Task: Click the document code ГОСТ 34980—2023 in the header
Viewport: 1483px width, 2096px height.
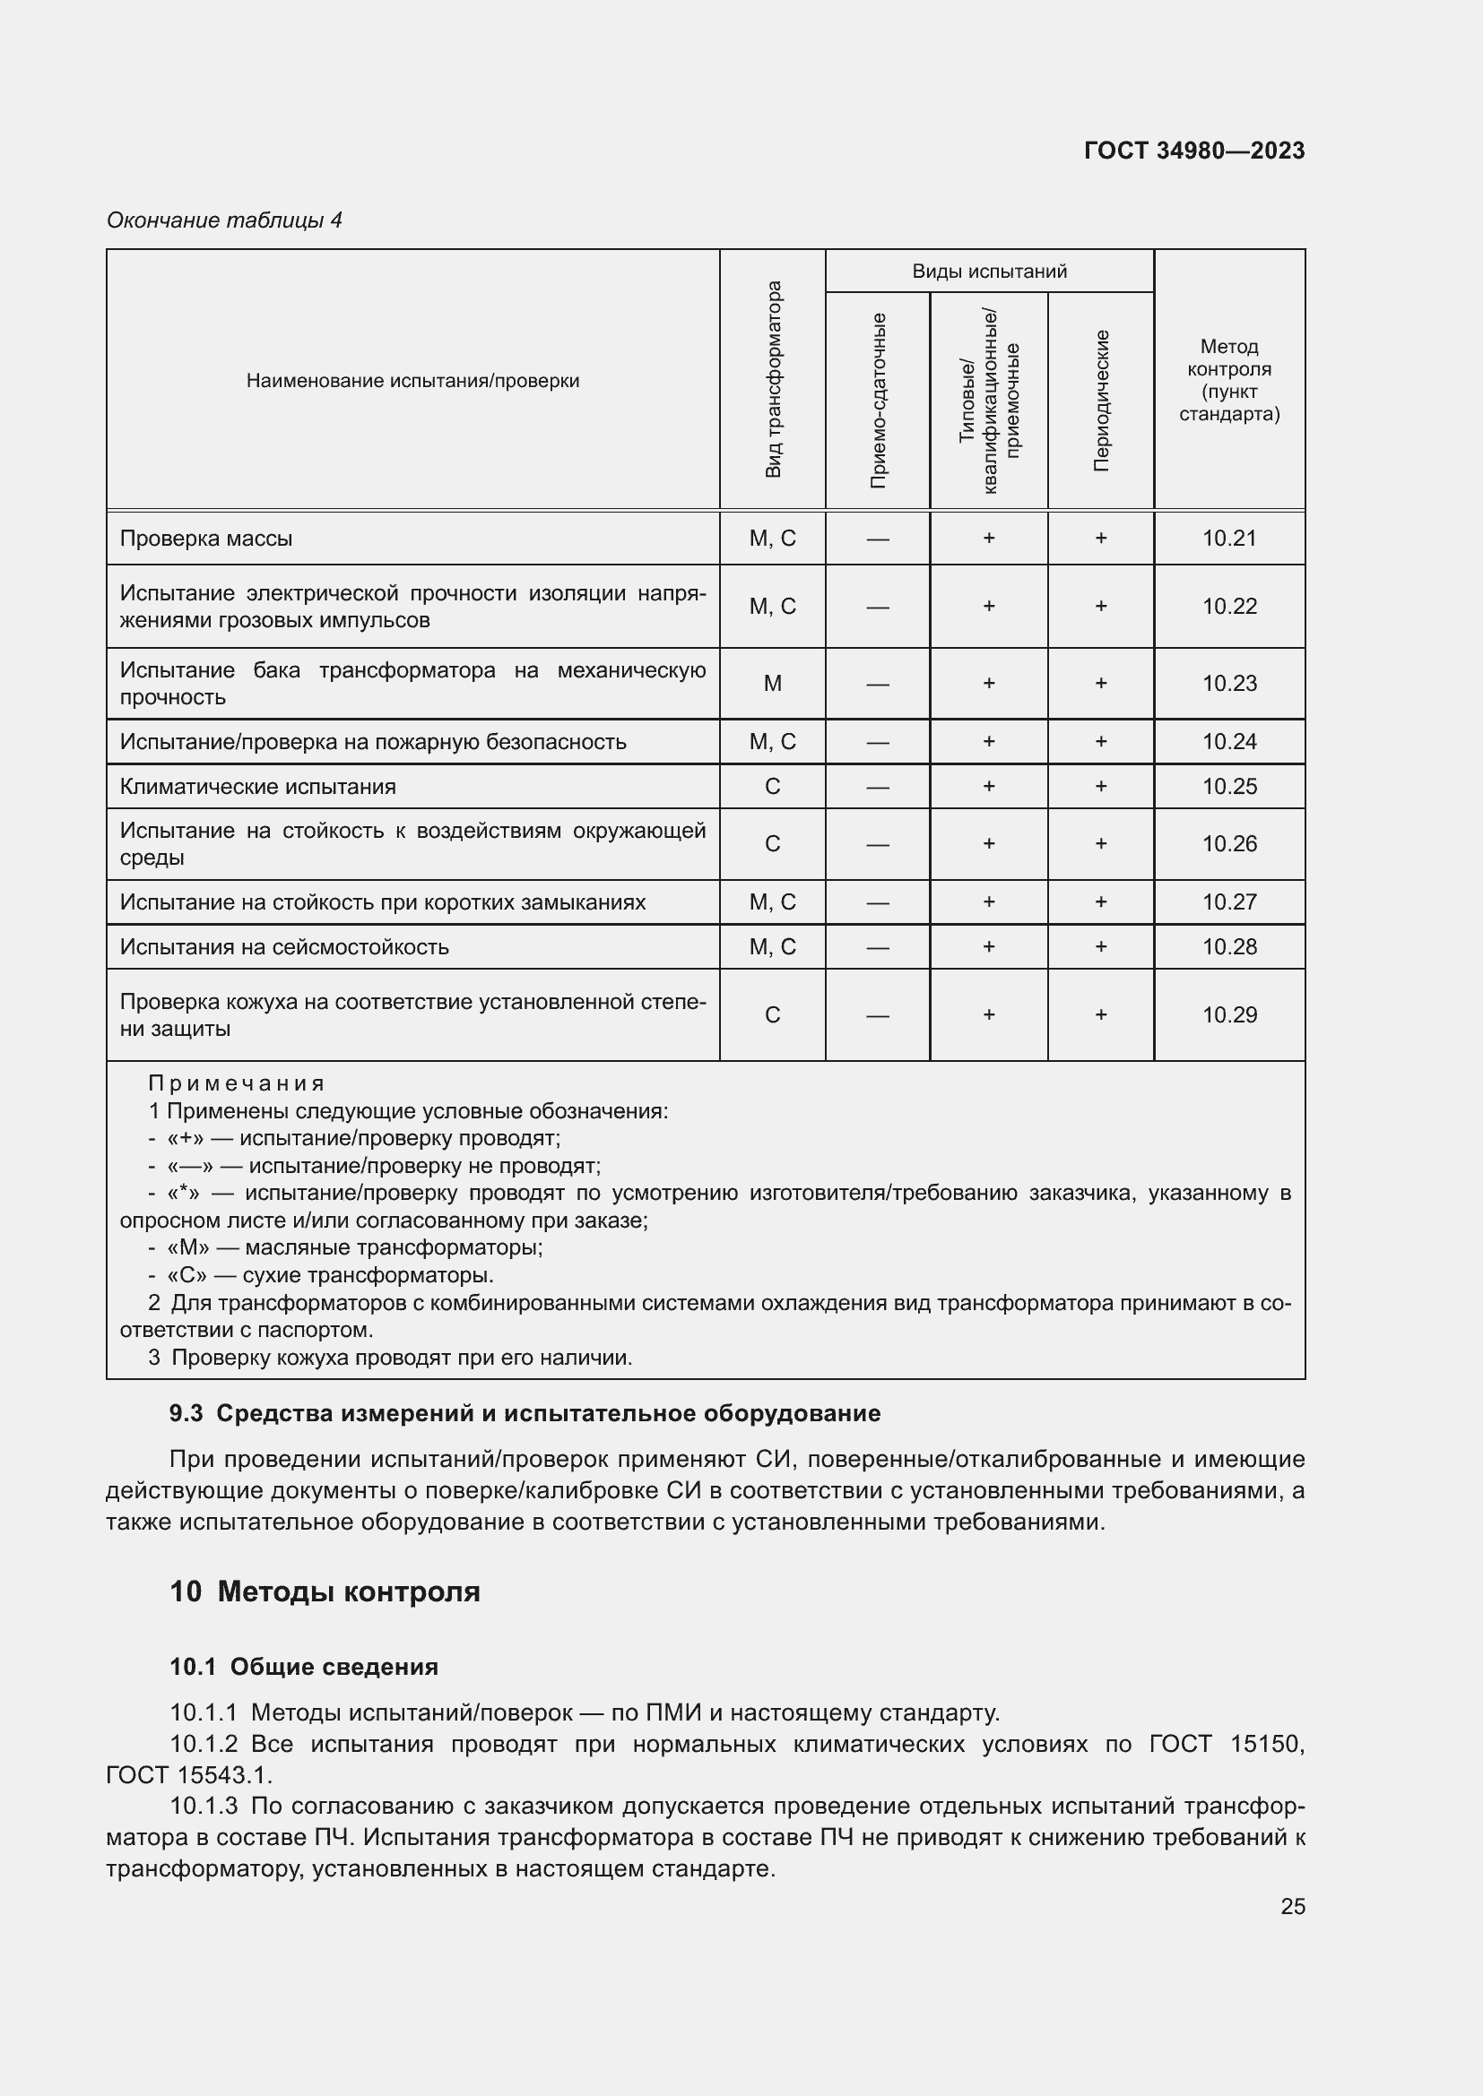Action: point(1193,151)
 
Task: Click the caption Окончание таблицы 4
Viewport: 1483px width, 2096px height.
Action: point(224,220)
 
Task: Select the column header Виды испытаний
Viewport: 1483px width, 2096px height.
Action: point(989,272)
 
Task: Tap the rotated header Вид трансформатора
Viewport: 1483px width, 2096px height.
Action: point(773,379)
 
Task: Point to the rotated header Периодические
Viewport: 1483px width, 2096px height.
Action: point(1101,401)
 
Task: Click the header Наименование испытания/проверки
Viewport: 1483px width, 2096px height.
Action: point(412,381)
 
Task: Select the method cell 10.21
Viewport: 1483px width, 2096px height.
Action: point(1229,539)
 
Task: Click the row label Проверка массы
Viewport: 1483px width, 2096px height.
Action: point(206,539)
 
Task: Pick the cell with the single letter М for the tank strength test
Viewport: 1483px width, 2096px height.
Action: point(773,684)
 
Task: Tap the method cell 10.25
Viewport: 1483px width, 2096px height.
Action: point(1229,787)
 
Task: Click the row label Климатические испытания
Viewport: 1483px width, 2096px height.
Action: point(257,787)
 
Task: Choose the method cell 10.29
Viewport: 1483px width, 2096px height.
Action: point(1229,1015)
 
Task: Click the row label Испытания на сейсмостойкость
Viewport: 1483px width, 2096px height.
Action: point(284,947)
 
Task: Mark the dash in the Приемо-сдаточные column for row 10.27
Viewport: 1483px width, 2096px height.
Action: point(878,903)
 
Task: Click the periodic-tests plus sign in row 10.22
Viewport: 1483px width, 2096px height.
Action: point(1101,607)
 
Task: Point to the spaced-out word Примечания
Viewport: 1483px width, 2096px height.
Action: point(237,1083)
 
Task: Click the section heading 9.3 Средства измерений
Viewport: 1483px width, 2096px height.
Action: point(525,1414)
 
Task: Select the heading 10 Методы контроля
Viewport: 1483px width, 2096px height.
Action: point(325,1592)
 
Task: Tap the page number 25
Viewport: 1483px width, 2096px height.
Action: point(1292,1907)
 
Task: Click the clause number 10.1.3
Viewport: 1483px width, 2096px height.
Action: point(204,1807)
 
